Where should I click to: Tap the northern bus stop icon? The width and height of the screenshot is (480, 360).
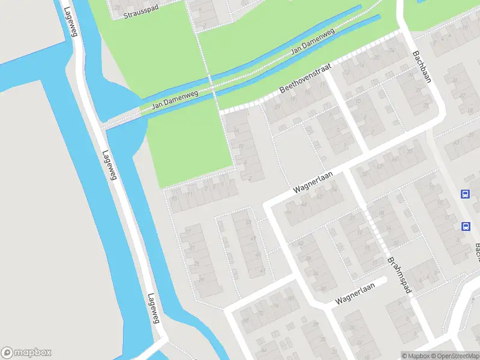click(465, 194)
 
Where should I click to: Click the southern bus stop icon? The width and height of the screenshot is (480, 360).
click(465, 226)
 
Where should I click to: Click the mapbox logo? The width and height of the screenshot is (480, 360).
click(27, 353)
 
